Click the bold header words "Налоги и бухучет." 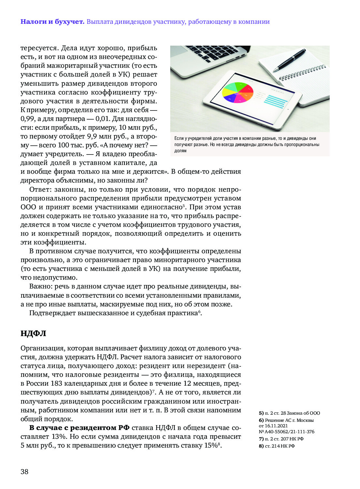click(x=52, y=22)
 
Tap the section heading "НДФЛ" click(x=33, y=333)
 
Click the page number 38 click(x=24, y=471)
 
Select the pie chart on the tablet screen click(x=238, y=93)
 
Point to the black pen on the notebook click(x=289, y=60)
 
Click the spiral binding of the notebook click(x=302, y=73)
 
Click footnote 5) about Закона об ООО click(x=289, y=413)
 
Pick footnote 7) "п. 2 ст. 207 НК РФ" click(x=281, y=439)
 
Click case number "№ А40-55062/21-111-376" click(x=287, y=432)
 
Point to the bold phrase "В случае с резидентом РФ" click(x=79, y=428)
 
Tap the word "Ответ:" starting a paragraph click(x=40, y=189)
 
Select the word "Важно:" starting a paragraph click(x=41, y=287)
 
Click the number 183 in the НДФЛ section click(x=56, y=384)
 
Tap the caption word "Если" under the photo click(x=179, y=139)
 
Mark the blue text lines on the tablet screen click(x=275, y=101)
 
